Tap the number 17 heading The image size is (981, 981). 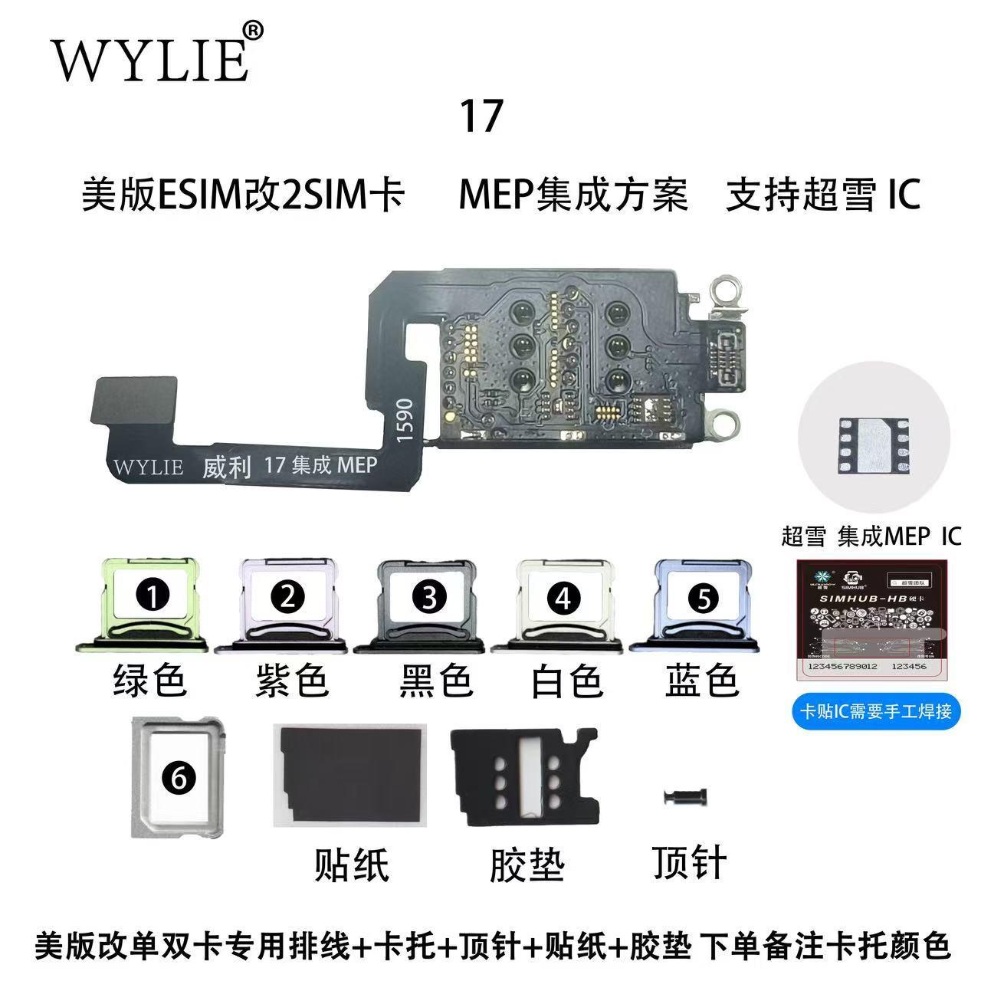[481, 116]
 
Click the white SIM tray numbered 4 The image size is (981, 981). [563, 605]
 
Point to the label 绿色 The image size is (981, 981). [150, 680]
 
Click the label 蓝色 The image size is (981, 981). [701, 681]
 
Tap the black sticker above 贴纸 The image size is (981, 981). [349, 775]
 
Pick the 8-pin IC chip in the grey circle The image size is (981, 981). [873, 445]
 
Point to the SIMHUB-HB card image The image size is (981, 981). [872, 622]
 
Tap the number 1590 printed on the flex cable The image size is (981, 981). [405, 419]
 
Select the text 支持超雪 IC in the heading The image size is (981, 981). [822, 195]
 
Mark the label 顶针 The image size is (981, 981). [689, 862]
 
